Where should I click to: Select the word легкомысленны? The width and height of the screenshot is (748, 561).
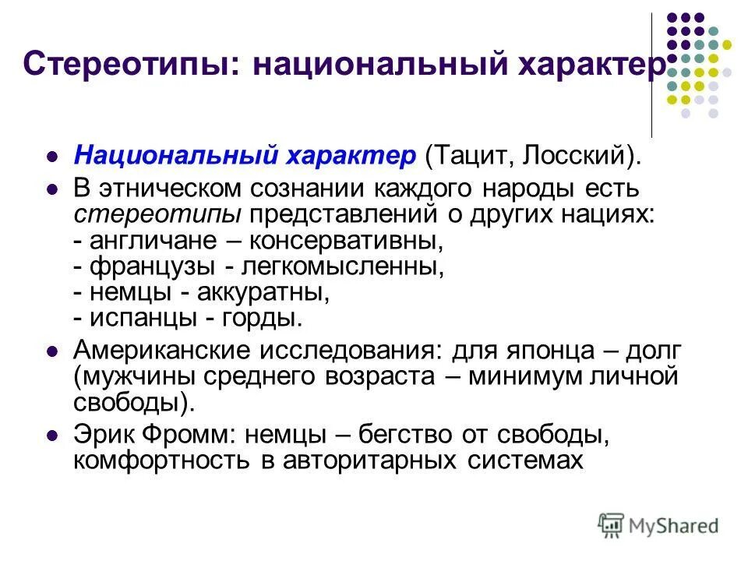pyautogui.click(x=342, y=266)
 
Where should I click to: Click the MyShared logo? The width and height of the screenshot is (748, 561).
pyautogui.click(x=659, y=524)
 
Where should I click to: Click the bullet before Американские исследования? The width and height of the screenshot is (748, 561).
pyautogui.click(x=53, y=351)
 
